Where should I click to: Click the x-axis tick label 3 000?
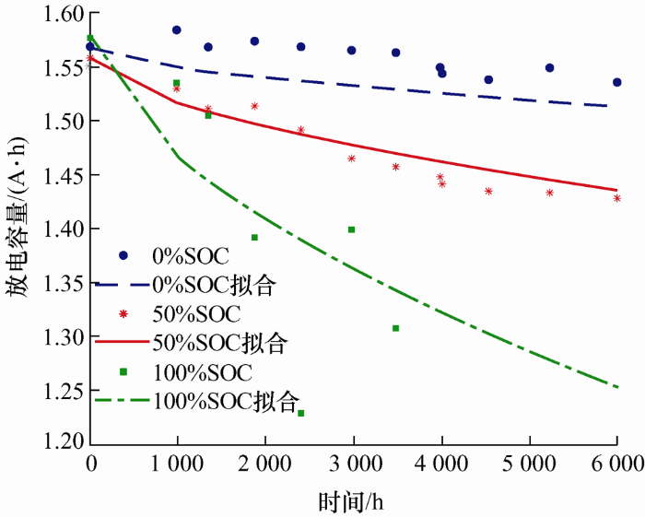[353, 463]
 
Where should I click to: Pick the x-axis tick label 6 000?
[616, 463]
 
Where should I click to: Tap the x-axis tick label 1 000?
[177, 463]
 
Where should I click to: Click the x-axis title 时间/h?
[351, 499]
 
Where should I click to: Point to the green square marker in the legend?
[123, 371]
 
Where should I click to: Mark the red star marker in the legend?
[123, 312]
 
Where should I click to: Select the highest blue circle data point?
[176, 30]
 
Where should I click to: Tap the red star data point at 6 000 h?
[616, 198]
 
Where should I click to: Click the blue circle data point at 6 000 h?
[616, 82]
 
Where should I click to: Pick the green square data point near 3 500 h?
[395, 328]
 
